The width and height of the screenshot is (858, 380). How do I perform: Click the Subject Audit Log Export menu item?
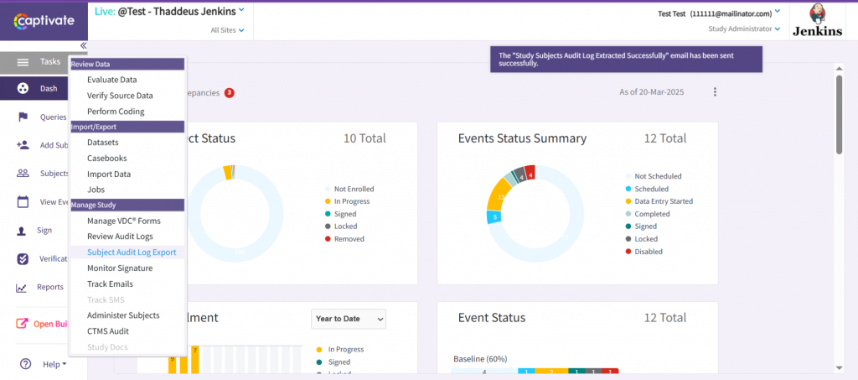coord(132,252)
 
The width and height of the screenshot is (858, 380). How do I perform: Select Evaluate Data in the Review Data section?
coord(111,80)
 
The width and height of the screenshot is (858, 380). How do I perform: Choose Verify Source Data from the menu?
coord(120,96)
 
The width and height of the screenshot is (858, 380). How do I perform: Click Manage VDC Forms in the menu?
coord(123,221)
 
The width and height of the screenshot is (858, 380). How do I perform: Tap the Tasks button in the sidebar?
coord(40,62)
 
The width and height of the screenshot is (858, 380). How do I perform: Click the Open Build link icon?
coord(23,324)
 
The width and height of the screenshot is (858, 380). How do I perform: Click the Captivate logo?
coord(43,19)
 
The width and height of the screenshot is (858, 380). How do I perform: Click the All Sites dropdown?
coord(227,30)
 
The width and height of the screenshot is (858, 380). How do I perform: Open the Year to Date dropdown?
coord(349,319)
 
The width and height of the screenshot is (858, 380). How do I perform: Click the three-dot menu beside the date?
coord(715,92)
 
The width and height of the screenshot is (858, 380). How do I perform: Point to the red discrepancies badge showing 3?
coord(229,92)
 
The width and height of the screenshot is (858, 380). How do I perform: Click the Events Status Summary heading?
coord(522,138)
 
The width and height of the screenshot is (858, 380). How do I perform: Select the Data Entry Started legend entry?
coord(664,201)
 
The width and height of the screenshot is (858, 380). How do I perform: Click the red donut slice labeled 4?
coord(530,174)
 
